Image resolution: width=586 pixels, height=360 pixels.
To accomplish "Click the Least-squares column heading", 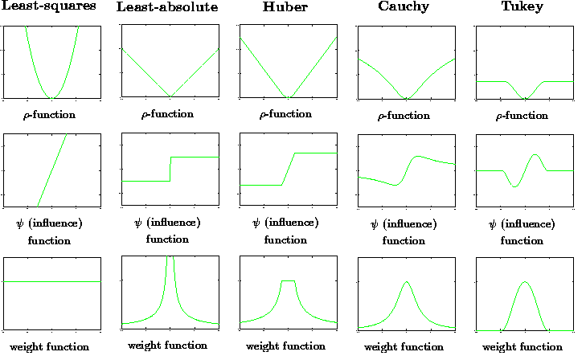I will coord(50,6).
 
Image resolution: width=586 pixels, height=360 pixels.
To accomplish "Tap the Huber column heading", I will coord(286,8).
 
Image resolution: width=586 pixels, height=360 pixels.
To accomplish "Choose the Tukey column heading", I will coord(526,7).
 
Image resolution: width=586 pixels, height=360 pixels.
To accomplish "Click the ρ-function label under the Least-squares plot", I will coord(50,115).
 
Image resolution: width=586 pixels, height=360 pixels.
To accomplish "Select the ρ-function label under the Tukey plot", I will coord(526,116).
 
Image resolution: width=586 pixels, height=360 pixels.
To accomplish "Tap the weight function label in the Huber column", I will coord(286,346).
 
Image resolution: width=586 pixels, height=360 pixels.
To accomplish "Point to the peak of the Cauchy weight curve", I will coord(407,281).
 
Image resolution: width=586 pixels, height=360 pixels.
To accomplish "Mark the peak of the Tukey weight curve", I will coord(526,282).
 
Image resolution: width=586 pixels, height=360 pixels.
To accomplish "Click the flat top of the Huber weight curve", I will coord(288,280).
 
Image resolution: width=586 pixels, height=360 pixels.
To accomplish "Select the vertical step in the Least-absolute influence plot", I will coord(170,169).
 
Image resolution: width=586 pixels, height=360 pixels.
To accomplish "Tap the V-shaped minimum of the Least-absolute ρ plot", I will coord(170,97).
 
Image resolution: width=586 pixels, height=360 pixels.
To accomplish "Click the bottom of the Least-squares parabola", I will coord(51,98).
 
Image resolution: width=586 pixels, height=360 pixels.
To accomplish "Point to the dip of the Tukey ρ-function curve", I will coord(526,98).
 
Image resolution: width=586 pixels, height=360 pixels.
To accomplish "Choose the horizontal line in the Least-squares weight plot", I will coord(51,281).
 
